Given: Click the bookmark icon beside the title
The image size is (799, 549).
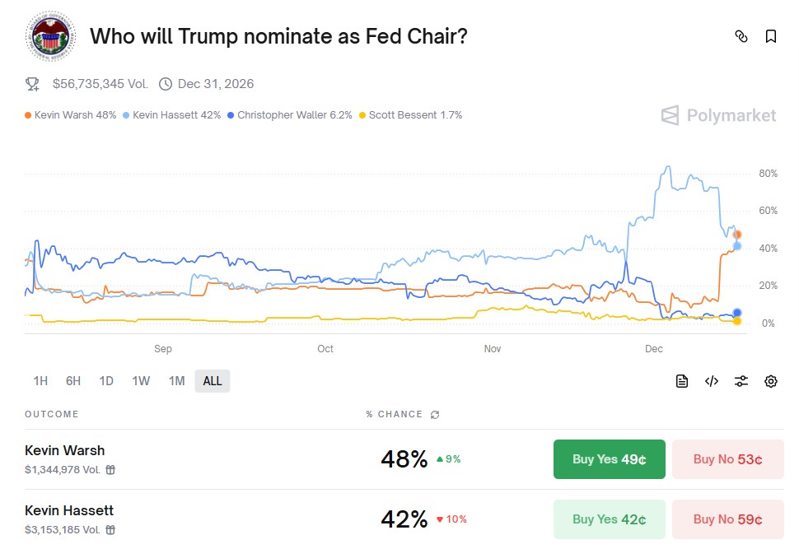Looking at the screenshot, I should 770,36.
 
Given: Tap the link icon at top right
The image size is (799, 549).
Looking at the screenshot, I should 741,36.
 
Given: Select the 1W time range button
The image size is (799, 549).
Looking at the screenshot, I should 141,381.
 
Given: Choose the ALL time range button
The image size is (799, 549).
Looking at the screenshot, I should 213,381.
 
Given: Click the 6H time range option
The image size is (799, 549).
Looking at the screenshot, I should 73,381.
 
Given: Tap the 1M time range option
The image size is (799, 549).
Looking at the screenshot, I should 176,381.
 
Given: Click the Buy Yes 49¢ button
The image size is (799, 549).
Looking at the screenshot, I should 609,459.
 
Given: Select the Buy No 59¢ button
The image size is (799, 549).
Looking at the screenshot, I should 727,519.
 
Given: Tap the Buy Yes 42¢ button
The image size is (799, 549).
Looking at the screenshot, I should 609,519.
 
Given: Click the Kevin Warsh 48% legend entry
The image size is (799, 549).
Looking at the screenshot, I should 71,115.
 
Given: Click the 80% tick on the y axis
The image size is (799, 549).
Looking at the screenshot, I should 768,174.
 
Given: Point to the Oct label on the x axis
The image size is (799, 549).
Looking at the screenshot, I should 325,349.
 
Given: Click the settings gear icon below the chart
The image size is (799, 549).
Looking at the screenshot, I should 771,381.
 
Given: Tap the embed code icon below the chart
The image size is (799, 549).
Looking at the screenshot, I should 712,381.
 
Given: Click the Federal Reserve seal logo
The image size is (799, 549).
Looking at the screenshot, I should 50,37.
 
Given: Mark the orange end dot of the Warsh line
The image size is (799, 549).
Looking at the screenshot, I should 737,235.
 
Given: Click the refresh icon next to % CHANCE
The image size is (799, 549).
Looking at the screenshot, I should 435,415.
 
